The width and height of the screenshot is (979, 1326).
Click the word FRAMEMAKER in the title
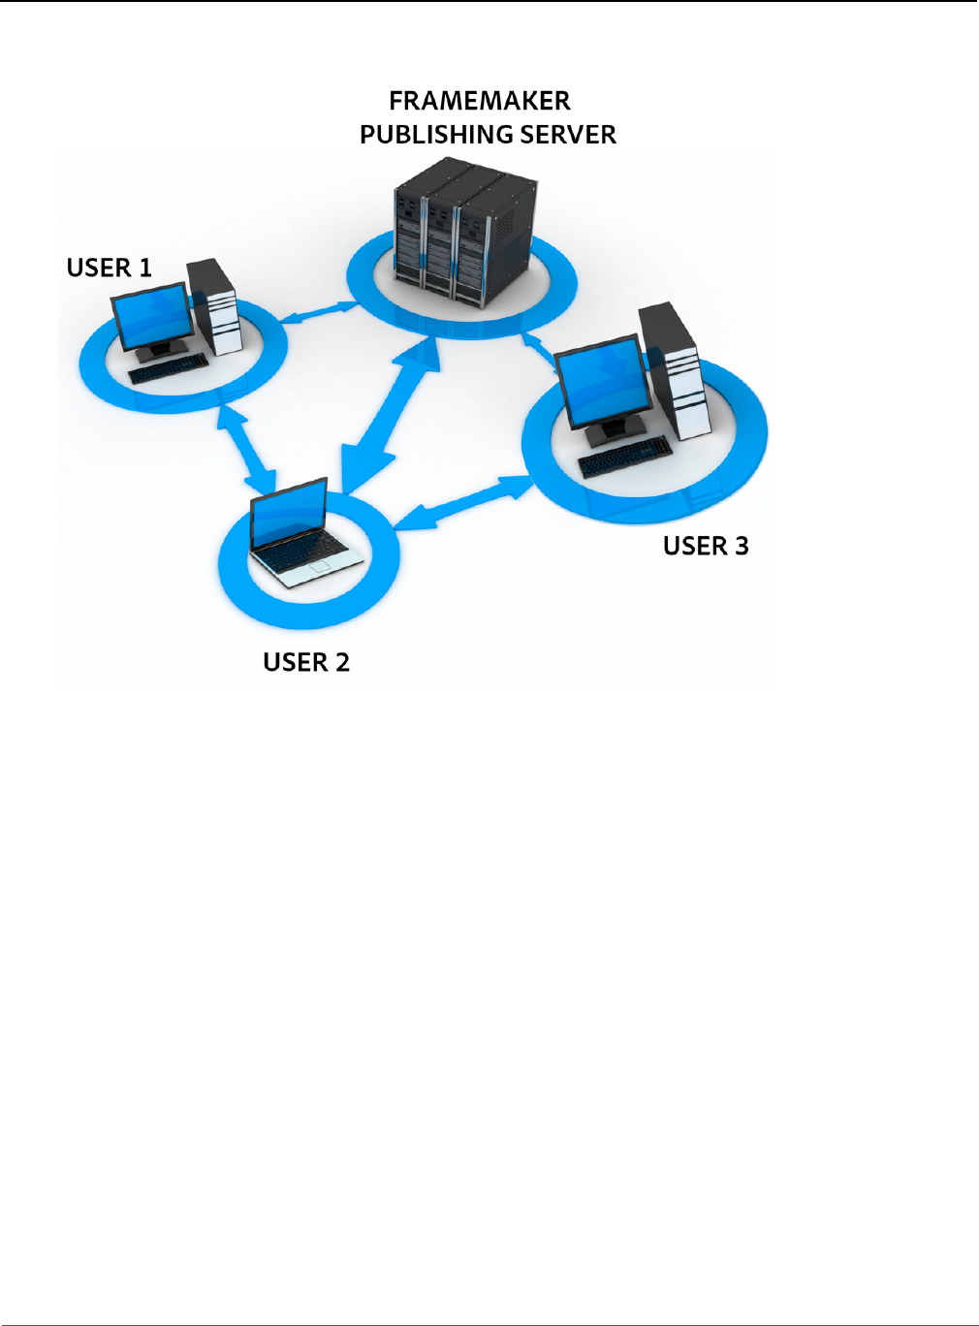pos(479,101)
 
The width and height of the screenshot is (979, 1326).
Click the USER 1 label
pos(109,268)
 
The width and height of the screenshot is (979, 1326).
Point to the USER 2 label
pos(305,662)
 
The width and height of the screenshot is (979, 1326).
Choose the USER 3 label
pos(705,546)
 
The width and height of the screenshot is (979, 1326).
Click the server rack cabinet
pos(463,233)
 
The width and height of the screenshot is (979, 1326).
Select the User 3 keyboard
pos(624,457)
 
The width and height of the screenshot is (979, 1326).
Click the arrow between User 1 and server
pos(319,313)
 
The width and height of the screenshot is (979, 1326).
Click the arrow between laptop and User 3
pos(464,504)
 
